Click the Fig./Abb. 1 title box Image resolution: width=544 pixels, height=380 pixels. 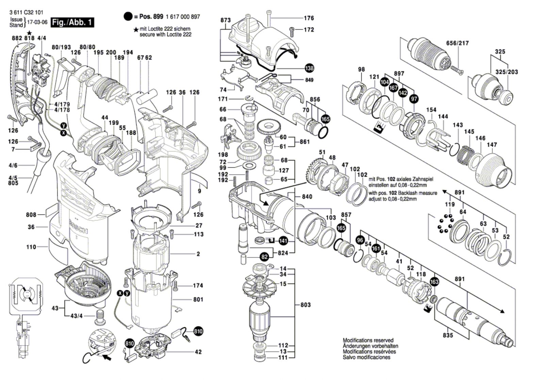pyautogui.click(x=72, y=23)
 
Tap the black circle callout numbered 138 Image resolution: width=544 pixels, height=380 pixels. pyautogui.click(x=309, y=68)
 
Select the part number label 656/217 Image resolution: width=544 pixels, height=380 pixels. pyautogui.click(x=457, y=43)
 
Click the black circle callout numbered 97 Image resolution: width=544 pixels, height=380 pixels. pyautogui.click(x=414, y=99)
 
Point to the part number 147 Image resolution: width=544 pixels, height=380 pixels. pyautogui.click(x=492, y=145)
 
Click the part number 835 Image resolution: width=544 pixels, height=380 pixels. pyautogui.click(x=448, y=335)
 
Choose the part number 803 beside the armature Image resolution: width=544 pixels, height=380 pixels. pyautogui.click(x=305, y=305)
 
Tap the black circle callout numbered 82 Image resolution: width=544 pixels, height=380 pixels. pyautogui.click(x=264, y=257)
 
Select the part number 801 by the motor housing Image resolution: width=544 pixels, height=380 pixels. pyautogui.click(x=198, y=299)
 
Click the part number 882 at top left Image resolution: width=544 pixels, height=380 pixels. pyautogui.click(x=17, y=38)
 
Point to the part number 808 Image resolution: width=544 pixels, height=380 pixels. pyautogui.click(x=31, y=215)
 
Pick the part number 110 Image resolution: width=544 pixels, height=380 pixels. pyautogui.click(x=31, y=247)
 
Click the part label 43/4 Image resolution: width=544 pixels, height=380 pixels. pyautogui.click(x=76, y=316)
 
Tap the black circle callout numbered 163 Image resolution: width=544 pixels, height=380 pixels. pyautogui.click(x=434, y=282)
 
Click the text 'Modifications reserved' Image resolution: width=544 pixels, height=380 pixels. pyautogui.click(x=368, y=340)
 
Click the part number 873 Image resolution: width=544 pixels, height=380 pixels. pyautogui.click(x=225, y=20)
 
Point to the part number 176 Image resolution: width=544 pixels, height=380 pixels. pyautogui.click(x=309, y=18)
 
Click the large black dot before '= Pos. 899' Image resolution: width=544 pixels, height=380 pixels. pyautogui.click(x=128, y=16)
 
